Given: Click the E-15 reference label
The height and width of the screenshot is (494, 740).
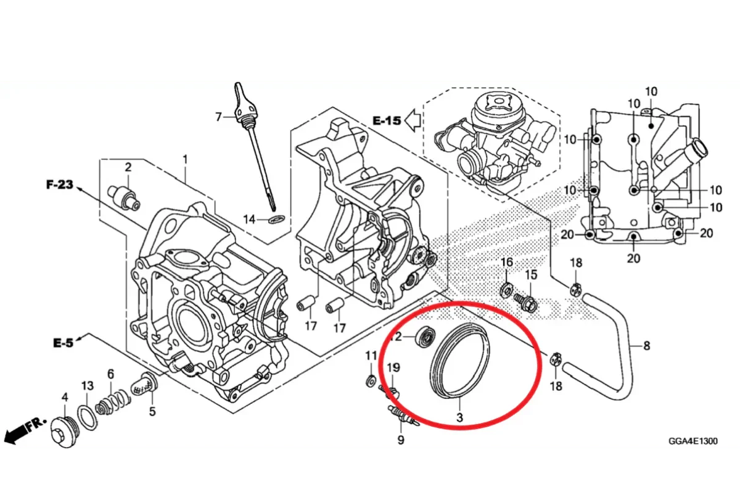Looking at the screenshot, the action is click(387, 120).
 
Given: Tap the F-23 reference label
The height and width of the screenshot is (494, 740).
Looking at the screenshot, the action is click(60, 184).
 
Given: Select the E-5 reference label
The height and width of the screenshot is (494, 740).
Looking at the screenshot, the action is click(63, 343).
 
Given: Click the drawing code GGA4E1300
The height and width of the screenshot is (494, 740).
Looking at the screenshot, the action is click(693, 442).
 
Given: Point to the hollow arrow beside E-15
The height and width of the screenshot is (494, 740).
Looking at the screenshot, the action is click(413, 120).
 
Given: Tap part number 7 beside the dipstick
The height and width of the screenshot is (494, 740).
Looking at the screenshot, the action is click(218, 117).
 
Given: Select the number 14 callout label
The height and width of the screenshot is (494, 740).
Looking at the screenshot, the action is click(249, 219).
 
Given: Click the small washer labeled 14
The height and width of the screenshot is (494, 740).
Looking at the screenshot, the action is click(276, 219).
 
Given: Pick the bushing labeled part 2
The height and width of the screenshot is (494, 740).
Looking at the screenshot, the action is click(124, 198).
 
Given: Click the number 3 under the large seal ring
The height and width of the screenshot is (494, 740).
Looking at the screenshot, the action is click(459, 417).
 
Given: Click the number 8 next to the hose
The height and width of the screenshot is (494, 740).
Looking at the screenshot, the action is click(646, 346).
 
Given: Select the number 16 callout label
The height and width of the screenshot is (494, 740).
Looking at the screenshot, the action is click(506, 262).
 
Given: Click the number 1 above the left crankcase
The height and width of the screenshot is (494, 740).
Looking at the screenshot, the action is click(185, 159).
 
